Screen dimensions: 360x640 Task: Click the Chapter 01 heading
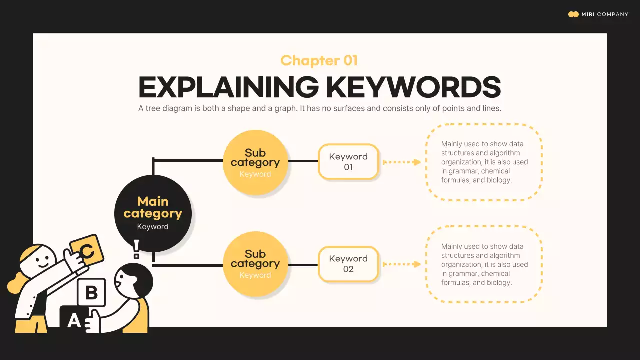click(x=319, y=61)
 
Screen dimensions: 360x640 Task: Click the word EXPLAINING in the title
click(x=228, y=87)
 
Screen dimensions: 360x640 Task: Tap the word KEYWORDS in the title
click(x=413, y=87)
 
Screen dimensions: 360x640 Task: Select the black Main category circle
click(x=153, y=213)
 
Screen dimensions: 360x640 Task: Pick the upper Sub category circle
click(x=255, y=162)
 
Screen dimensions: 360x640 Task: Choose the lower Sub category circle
click(x=255, y=264)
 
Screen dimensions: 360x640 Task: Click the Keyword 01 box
click(x=348, y=162)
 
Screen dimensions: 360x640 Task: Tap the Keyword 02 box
click(x=348, y=264)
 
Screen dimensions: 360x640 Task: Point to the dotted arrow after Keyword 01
click(x=402, y=162)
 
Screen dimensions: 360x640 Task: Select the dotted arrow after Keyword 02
click(x=402, y=264)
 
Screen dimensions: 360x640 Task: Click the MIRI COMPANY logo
click(x=598, y=14)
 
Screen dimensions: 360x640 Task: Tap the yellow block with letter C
click(x=87, y=250)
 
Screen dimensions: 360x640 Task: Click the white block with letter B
click(x=91, y=292)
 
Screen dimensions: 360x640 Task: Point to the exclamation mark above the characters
click(x=136, y=249)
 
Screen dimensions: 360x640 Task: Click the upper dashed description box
click(x=483, y=162)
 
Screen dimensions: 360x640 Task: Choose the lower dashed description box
click(x=483, y=264)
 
